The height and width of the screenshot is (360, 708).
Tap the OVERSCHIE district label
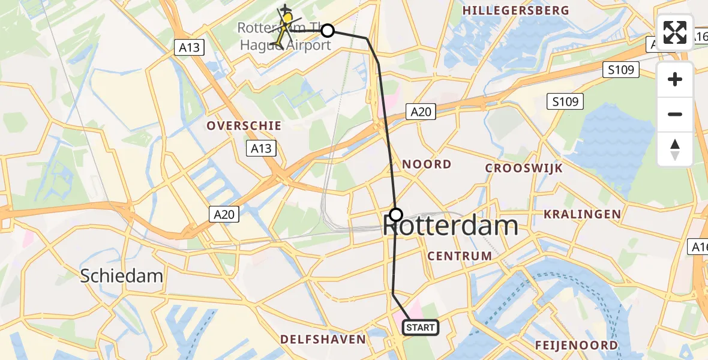pos(244,125)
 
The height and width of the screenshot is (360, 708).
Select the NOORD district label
pos(427,164)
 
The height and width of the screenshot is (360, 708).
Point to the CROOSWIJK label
pos(524,168)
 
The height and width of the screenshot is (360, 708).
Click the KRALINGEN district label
pos(582,214)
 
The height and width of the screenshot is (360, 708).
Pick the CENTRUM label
pos(460,256)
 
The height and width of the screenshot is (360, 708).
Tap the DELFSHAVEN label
pos(323,339)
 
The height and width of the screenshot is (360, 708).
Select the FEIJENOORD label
pos(577,345)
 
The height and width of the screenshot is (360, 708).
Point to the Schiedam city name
pos(122,276)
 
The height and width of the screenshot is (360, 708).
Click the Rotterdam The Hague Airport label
pos(285,36)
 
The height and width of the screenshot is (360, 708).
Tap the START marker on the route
pos(420,328)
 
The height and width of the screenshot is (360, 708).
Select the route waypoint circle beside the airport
pos(327,30)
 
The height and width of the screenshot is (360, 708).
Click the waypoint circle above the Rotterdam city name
pos(396,214)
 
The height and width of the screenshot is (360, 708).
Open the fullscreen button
pos(675,32)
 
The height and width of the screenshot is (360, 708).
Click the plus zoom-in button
pos(675,79)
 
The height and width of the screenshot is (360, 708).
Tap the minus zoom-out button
pos(675,114)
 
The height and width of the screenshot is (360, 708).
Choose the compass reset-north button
pos(675,149)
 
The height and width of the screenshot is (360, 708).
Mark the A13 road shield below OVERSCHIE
pos(261,148)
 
